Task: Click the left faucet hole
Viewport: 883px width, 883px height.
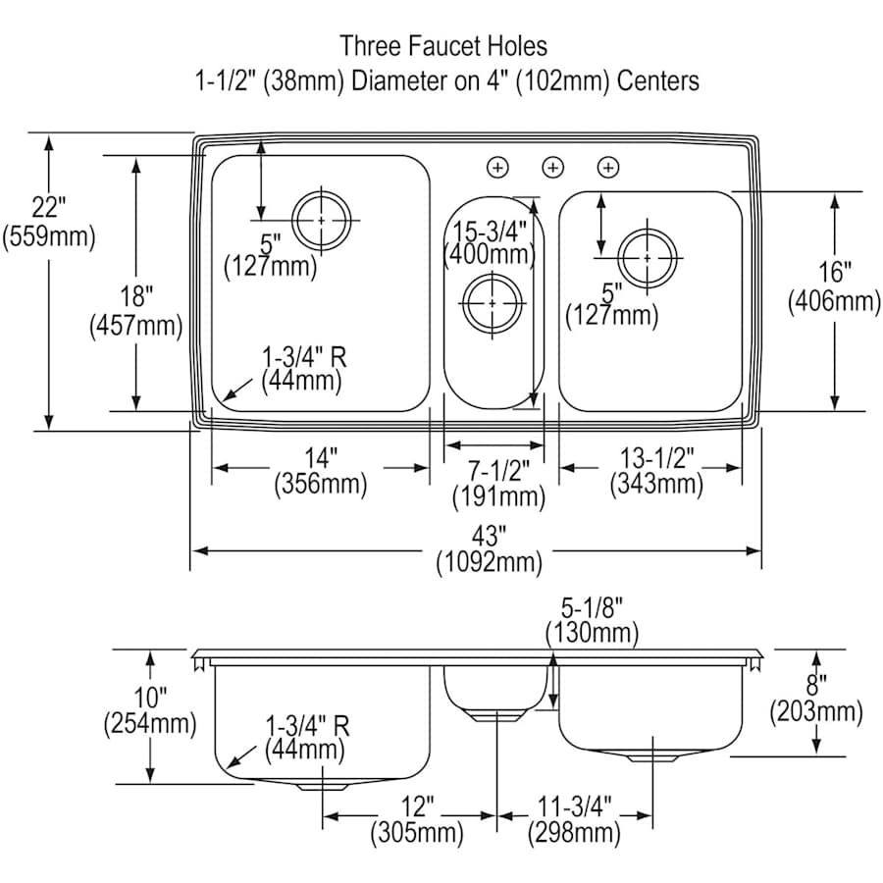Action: click(498, 168)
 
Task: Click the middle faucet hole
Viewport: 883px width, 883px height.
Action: click(553, 168)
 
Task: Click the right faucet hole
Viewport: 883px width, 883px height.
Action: click(608, 168)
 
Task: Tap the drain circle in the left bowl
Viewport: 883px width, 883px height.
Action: click(321, 220)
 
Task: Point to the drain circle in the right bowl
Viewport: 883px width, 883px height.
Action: click(648, 257)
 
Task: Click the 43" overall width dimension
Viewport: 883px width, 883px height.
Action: click(489, 549)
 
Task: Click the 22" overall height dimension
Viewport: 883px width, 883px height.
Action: click(48, 223)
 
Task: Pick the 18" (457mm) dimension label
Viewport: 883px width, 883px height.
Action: click(135, 309)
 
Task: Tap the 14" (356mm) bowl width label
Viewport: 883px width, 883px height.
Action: click(320, 470)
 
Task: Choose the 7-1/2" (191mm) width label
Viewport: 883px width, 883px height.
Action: click(497, 482)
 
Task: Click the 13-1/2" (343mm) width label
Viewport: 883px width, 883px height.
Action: click(656, 470)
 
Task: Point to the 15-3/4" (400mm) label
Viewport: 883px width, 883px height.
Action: click(489, 242)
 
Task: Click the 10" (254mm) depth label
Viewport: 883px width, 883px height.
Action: click(149, 712)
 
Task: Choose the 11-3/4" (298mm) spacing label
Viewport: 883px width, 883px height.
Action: click(574, 820)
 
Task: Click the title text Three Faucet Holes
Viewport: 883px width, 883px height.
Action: click(443, 45)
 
